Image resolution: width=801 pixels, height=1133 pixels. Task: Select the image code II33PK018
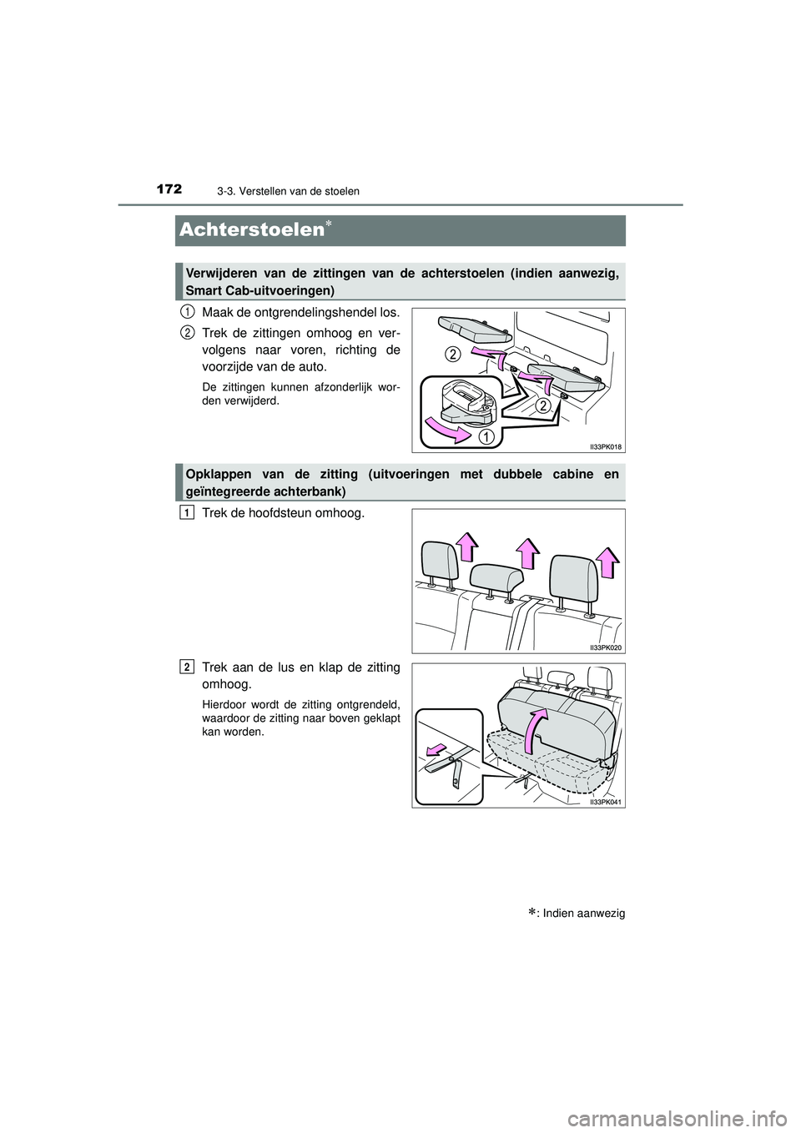pyautogui.click(x=606, y=446)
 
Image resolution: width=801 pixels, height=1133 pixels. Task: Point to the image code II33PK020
pyautogui.click(x=606, y=647)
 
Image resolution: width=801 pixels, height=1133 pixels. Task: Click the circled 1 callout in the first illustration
pyautogui.click(x=485, y=436)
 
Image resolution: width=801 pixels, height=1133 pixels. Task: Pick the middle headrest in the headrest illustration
pyautogui.click(x=496, y=577)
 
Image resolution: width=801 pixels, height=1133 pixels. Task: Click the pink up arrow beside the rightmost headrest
pyautogui.click(x=608, y=562)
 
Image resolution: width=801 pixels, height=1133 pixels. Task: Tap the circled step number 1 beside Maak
pyautogui.click(x=186, y=311)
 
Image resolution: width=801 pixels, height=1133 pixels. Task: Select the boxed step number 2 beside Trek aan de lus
pyautogui.click(x=186, y=666)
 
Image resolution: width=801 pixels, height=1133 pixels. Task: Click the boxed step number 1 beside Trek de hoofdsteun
pyautogui.click(x=186, y=513)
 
